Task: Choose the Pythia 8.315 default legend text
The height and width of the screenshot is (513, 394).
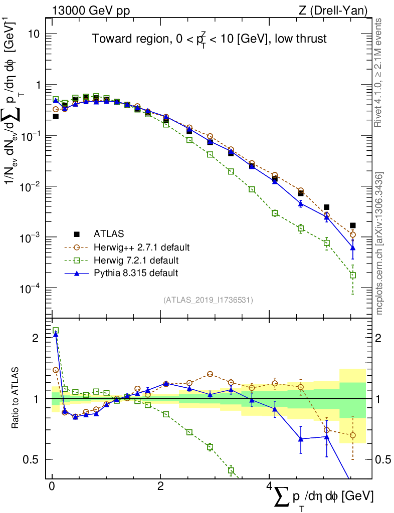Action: [136, 273]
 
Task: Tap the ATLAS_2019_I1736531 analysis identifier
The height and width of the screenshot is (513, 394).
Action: [208, 300]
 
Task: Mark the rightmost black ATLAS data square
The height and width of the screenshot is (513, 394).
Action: [353, 225]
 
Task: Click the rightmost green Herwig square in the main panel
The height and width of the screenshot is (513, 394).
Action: [353, 275]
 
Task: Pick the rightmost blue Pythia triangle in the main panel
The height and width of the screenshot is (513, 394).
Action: [353, 247]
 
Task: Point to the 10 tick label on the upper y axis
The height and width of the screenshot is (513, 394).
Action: [34, 34]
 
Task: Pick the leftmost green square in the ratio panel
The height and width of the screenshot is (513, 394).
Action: [56, 330]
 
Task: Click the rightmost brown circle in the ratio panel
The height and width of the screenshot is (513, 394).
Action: [353, 435]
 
